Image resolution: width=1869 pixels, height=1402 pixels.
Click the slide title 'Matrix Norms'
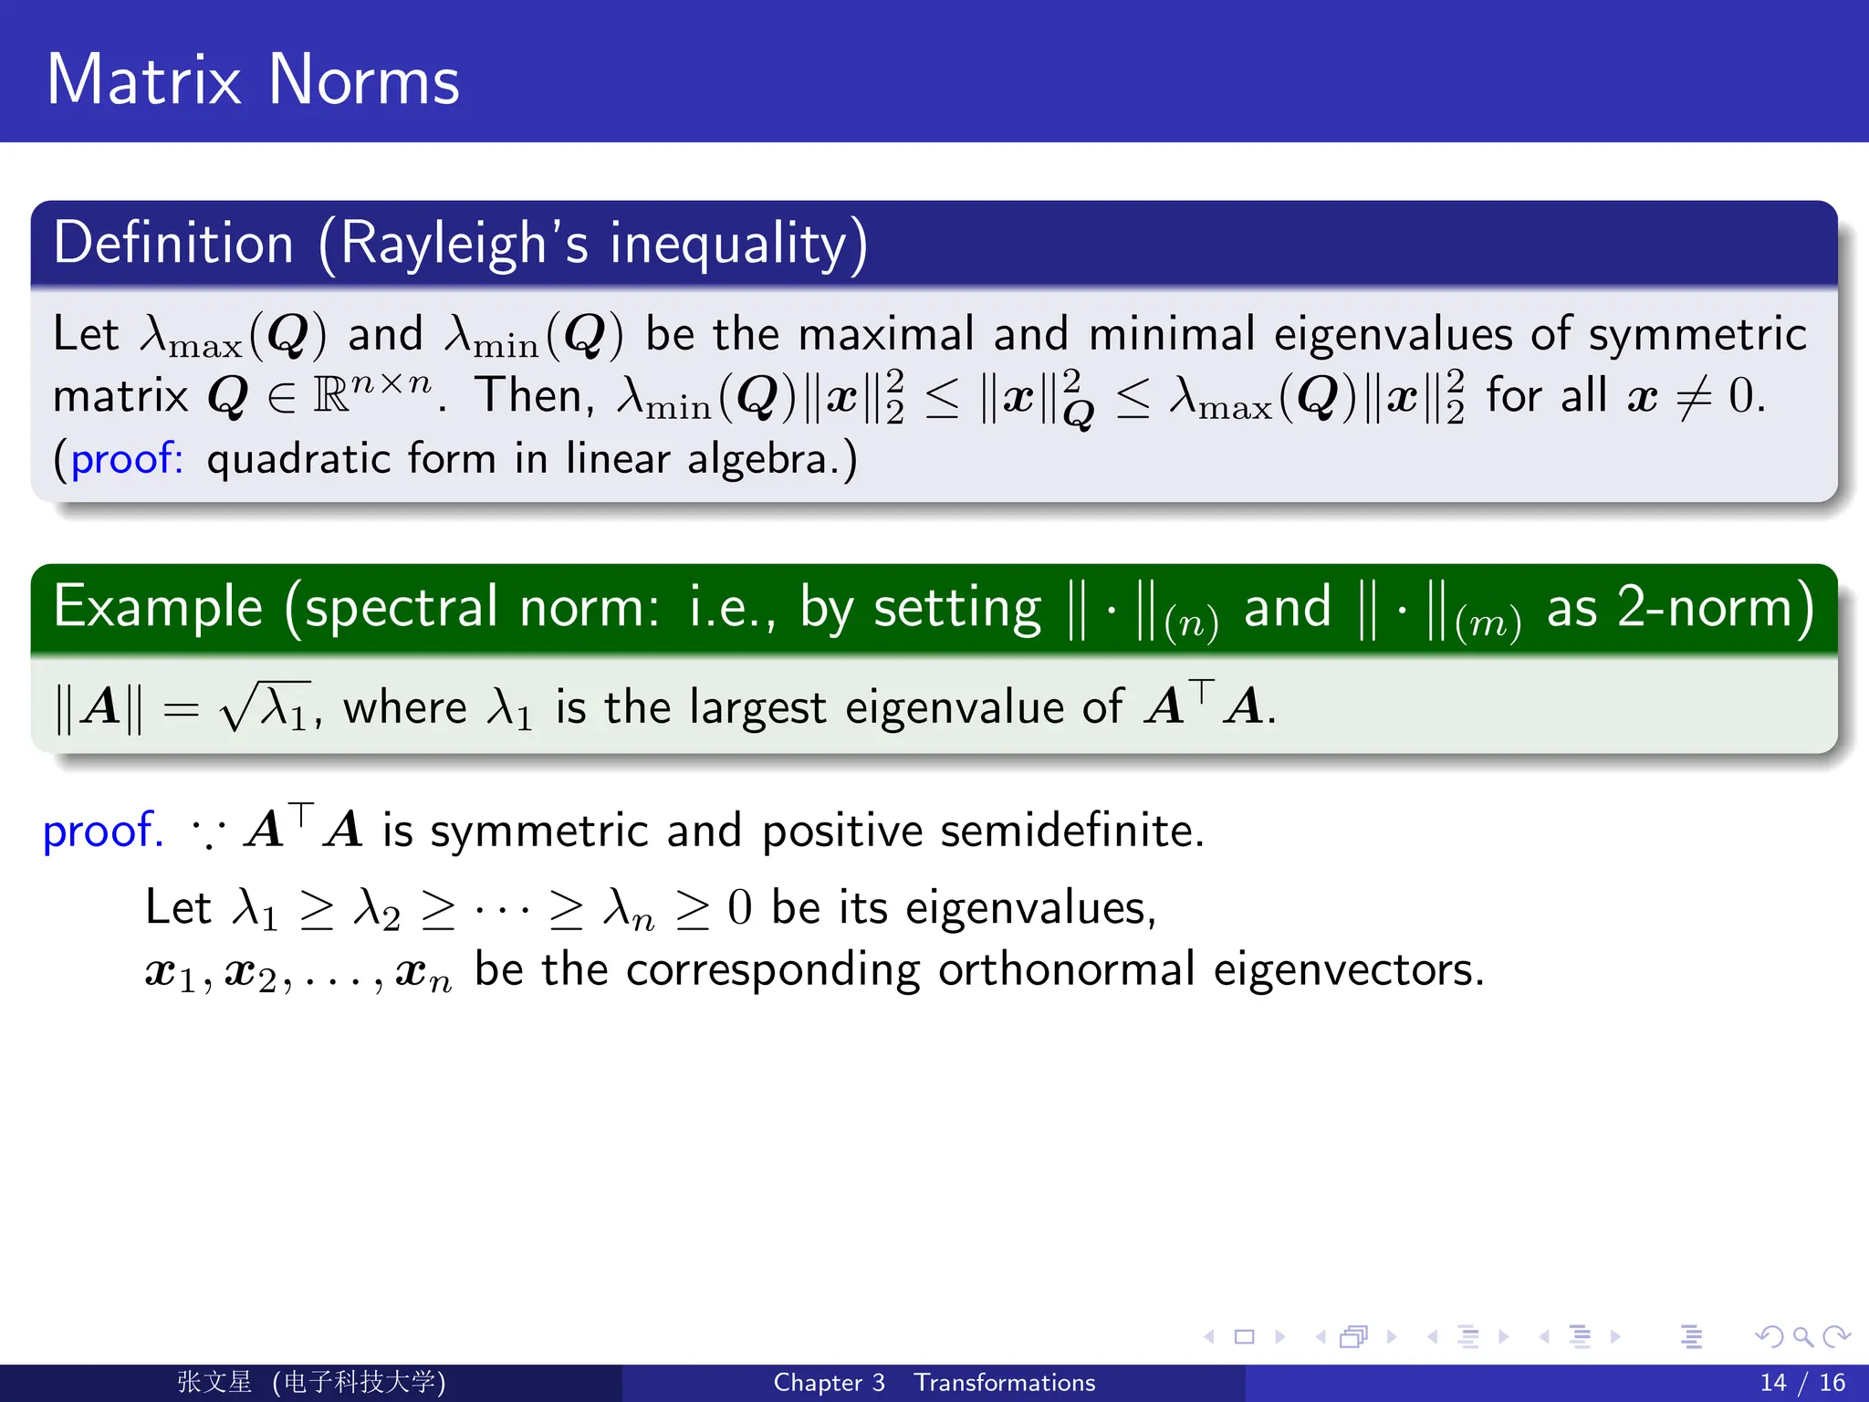pyautogui.click(x=253, y=80)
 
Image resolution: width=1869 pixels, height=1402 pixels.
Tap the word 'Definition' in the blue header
pyautogui.click(x=173, y=244)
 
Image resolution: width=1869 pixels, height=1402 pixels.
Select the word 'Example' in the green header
pyautogui.click(x=158, y=608)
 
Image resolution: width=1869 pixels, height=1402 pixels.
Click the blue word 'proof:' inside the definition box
pyautogui.click(x=127, y=458)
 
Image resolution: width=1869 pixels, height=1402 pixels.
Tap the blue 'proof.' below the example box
pyautogui.click(x=103, y=831)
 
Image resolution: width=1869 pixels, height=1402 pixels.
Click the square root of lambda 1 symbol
pyautogui.click(x=266, y=707)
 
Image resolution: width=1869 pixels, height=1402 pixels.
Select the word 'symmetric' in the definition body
pyautogui.click(x=1697, y=334)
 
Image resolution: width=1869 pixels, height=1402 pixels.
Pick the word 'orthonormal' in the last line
pyautogui.click(x=1066, y=969)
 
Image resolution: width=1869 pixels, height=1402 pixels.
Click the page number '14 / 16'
pyautogui.click(x=1802, y=1383)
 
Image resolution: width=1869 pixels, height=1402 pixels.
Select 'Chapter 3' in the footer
pyautogui.click(x=829, y=1383)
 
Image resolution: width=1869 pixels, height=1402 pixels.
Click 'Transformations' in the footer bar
pyautogui.click(x=1005, y=1383)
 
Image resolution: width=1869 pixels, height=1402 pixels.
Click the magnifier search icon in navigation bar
pyautogui.click(x=1802, y=1337)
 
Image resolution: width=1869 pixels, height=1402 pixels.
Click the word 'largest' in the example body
pyautogui.click(x=757, y=708)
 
